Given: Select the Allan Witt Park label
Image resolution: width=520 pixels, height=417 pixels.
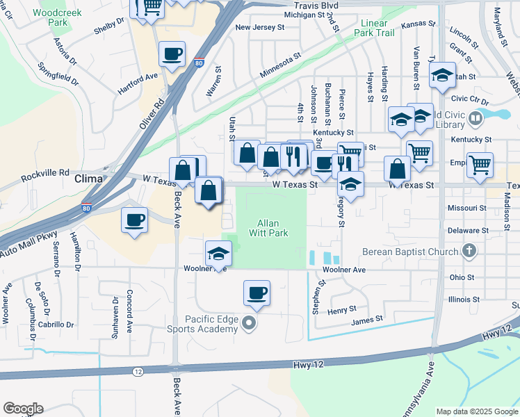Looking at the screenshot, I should click(268, 228).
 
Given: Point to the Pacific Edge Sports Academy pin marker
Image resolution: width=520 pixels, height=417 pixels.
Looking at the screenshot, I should click(250, 324).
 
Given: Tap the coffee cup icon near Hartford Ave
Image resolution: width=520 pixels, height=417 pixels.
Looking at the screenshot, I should click(172, 53).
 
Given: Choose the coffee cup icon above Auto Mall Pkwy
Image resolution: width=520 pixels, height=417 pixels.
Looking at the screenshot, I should click(134, 220).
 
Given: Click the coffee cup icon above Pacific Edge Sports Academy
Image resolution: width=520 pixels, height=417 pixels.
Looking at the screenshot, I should click(257, 292).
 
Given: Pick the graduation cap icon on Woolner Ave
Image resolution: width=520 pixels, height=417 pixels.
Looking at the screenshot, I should click(218, 252).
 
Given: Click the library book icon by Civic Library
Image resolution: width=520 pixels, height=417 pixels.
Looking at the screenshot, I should click(476, 119).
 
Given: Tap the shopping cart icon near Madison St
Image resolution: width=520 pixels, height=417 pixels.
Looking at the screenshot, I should click(480, 165).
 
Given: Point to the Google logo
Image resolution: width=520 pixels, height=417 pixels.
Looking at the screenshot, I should click(23, 409).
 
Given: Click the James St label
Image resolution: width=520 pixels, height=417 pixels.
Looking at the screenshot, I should click(367, 320).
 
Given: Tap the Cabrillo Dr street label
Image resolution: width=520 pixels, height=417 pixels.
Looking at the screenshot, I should click(57, 324).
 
